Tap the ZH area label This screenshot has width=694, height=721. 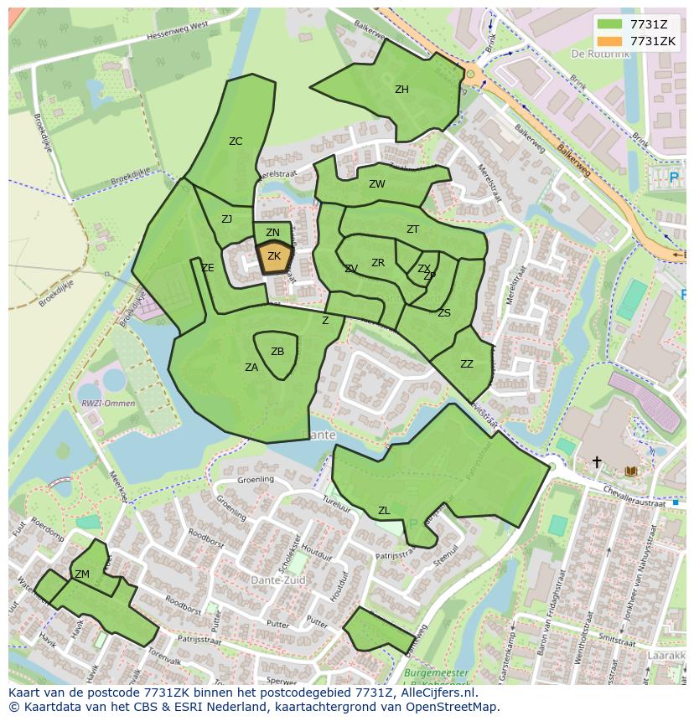click(401, 90)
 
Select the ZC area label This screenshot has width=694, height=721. click(236, 142)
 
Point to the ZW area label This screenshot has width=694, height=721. click(377, 184)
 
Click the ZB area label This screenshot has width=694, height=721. click(277, 352)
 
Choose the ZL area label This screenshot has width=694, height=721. click(384, 511)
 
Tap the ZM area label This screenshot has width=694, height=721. click(82, 574)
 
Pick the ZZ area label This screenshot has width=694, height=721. click(467, 364)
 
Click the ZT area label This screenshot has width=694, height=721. click(412, 229)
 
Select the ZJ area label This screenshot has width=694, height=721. click(226, 219)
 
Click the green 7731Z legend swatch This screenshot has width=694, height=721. click(611, 24)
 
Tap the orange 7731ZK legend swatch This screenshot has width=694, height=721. click(611, 41)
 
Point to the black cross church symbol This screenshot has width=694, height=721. click(597, 461)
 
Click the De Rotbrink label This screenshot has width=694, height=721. click(598, 53)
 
